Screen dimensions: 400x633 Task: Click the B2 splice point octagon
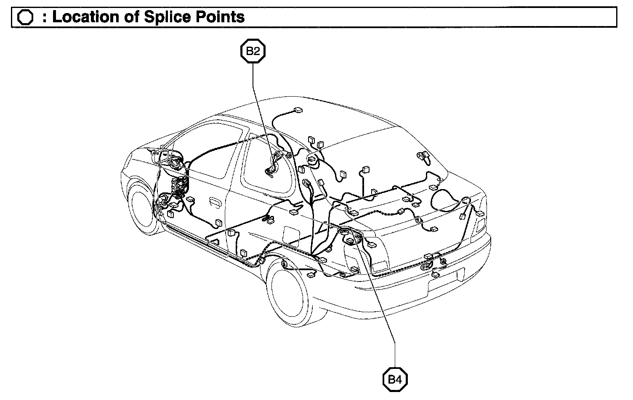(253, 51)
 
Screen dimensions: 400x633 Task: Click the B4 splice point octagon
(395, 380)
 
